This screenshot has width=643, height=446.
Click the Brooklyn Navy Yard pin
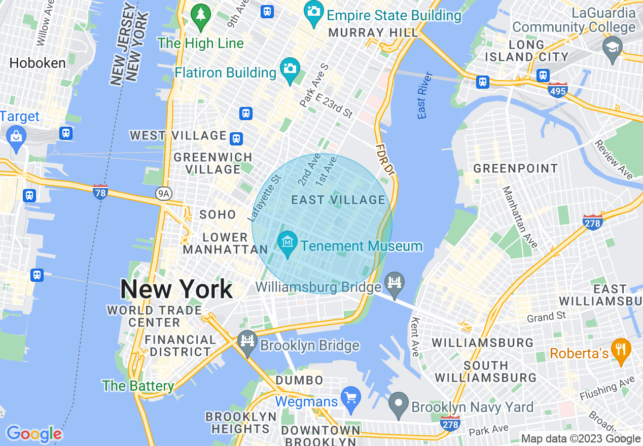coord(399,404)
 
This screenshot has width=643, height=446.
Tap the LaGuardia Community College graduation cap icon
coord(613,48)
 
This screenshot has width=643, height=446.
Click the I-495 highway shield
coord(558,90)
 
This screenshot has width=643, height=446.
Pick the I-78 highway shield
coord(100,192)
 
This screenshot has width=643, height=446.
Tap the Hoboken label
coord(38,63)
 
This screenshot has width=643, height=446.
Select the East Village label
coord(338,200)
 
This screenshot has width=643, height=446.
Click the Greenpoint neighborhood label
coord(515,168)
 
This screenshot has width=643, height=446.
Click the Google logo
coord(34,434)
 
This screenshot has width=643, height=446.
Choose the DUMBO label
coord(299,380)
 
